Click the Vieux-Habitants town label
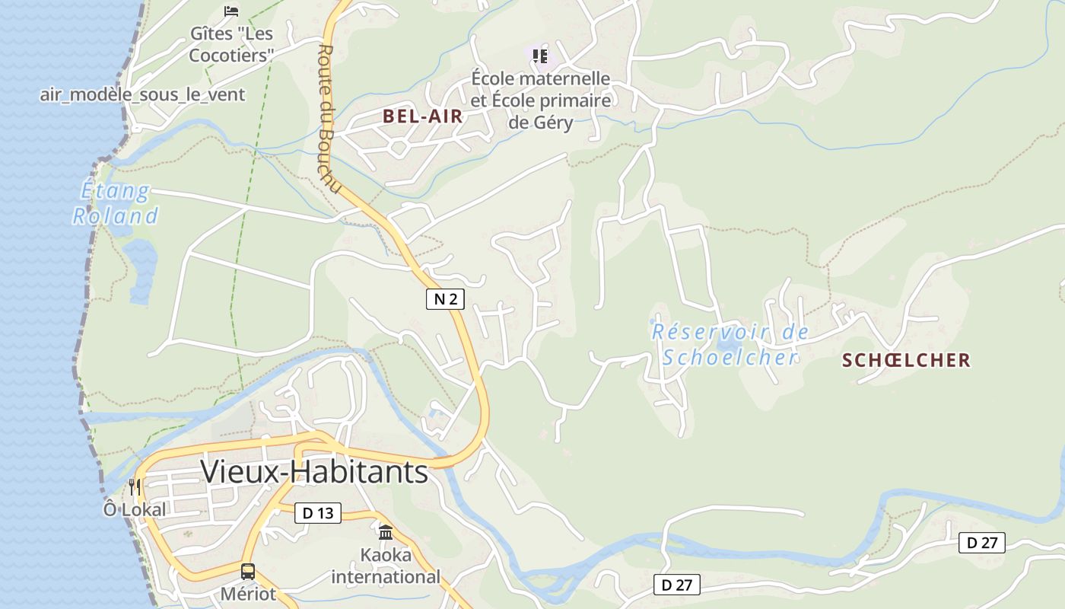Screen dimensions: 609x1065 (314, 472)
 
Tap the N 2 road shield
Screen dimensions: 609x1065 (445, 299)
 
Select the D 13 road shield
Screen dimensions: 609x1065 (318, 513)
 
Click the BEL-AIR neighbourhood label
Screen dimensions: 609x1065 (423, 116)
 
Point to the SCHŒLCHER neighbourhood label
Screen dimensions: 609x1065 (906, 360)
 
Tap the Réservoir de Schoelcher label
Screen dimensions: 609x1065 (730, 344)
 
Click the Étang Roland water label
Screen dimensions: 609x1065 (116, 203)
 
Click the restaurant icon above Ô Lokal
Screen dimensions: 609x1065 (135, 486)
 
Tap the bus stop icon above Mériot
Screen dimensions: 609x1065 (248, 571)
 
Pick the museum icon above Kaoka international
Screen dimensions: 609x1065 (386, 532)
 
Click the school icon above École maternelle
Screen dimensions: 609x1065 (540, 56)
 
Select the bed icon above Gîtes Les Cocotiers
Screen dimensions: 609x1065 (231, 11)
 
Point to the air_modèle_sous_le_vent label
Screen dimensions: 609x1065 (142, 94)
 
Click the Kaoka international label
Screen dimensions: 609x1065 (386, 566)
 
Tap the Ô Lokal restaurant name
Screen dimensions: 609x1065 (135, 509)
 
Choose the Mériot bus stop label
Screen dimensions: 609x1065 (248, 594)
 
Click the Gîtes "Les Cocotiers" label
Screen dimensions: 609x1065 (231, 44)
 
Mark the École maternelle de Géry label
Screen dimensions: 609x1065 (541, 100)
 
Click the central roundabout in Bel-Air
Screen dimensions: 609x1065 (399, 147)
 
